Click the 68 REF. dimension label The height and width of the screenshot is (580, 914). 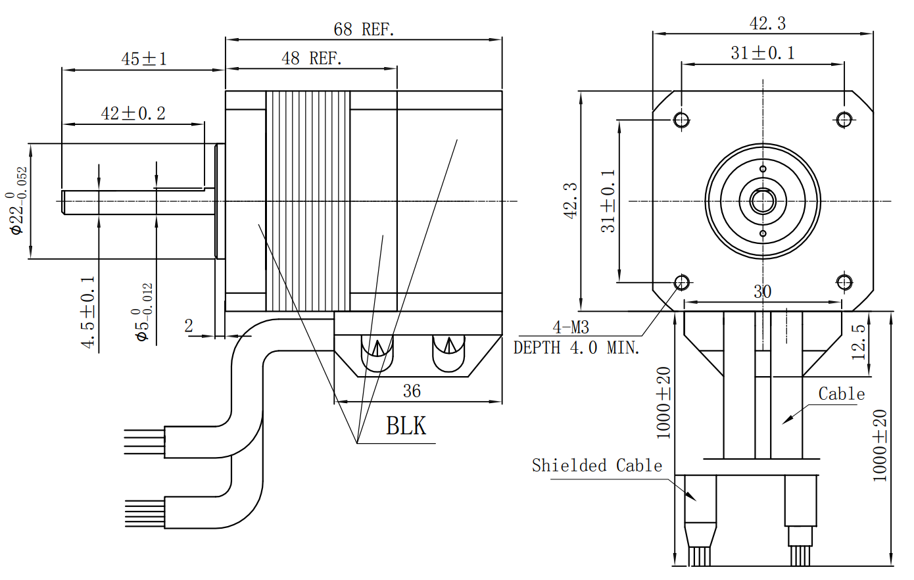pos(364,29)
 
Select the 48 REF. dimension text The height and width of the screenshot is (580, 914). pos(312,59)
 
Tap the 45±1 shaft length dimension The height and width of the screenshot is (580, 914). pos(143,59)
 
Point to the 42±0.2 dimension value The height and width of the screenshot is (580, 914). pos(133,113)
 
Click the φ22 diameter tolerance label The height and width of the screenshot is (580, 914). pos(18,201)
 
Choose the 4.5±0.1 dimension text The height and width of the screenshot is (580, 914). pos(88,312)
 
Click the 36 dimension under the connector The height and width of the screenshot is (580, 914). pos(412,391)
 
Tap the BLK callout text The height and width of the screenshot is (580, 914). pos(406,426)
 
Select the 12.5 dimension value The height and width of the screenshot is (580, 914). pos(859,342)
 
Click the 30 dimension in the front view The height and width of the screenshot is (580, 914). pos(762,291)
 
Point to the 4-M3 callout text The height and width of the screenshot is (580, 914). pos(570,327)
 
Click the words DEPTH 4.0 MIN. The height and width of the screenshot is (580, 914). pos(577,347)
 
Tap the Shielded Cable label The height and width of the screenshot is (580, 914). pos(596,466)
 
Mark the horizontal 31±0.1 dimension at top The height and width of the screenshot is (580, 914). pos(762,53)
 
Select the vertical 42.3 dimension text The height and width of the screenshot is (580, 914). pos(570,201)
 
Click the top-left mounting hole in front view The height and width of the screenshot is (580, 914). pos(681,119)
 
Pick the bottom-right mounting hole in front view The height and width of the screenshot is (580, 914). pos(844,282)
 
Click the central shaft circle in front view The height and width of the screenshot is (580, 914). pos(763,201)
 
